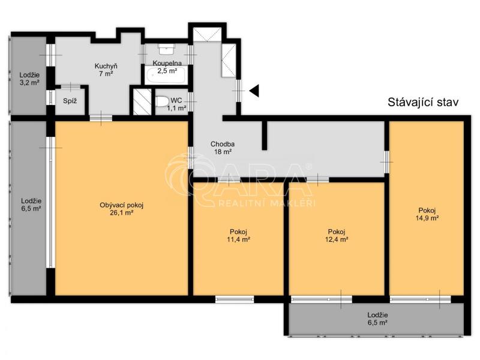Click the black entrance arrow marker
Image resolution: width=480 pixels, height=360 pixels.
[x=255, y=91]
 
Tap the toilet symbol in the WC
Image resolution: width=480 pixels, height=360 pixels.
[x=162, y=101]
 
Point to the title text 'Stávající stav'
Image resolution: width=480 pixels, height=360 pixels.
[x=423, y=102]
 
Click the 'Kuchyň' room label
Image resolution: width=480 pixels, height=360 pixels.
[x=106, y=66]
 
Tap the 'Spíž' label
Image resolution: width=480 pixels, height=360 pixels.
[x=70, y=101]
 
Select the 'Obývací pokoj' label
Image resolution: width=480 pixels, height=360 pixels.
[x=122, y=205]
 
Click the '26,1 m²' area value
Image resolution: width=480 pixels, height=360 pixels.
[x=122, y=212]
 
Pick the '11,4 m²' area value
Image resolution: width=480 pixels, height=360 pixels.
[x=238, y=239]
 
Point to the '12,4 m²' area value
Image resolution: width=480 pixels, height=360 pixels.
[x=337, y=239]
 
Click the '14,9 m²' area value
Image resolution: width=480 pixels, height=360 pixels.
[x=427, y=218]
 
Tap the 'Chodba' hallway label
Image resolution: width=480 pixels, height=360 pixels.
[x=223, y=144]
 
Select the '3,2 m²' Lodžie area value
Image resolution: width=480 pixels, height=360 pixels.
[x=29, y=82]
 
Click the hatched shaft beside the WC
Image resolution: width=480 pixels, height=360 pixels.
[x=142, y=101]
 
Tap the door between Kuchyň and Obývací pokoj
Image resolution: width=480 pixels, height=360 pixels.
[x=101, y=118]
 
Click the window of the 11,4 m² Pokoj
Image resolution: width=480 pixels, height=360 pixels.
[x=235, y=299]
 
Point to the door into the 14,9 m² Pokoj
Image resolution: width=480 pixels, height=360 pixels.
[x=386, y=161]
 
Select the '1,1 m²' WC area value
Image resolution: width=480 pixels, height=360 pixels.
[x=176, y=108]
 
